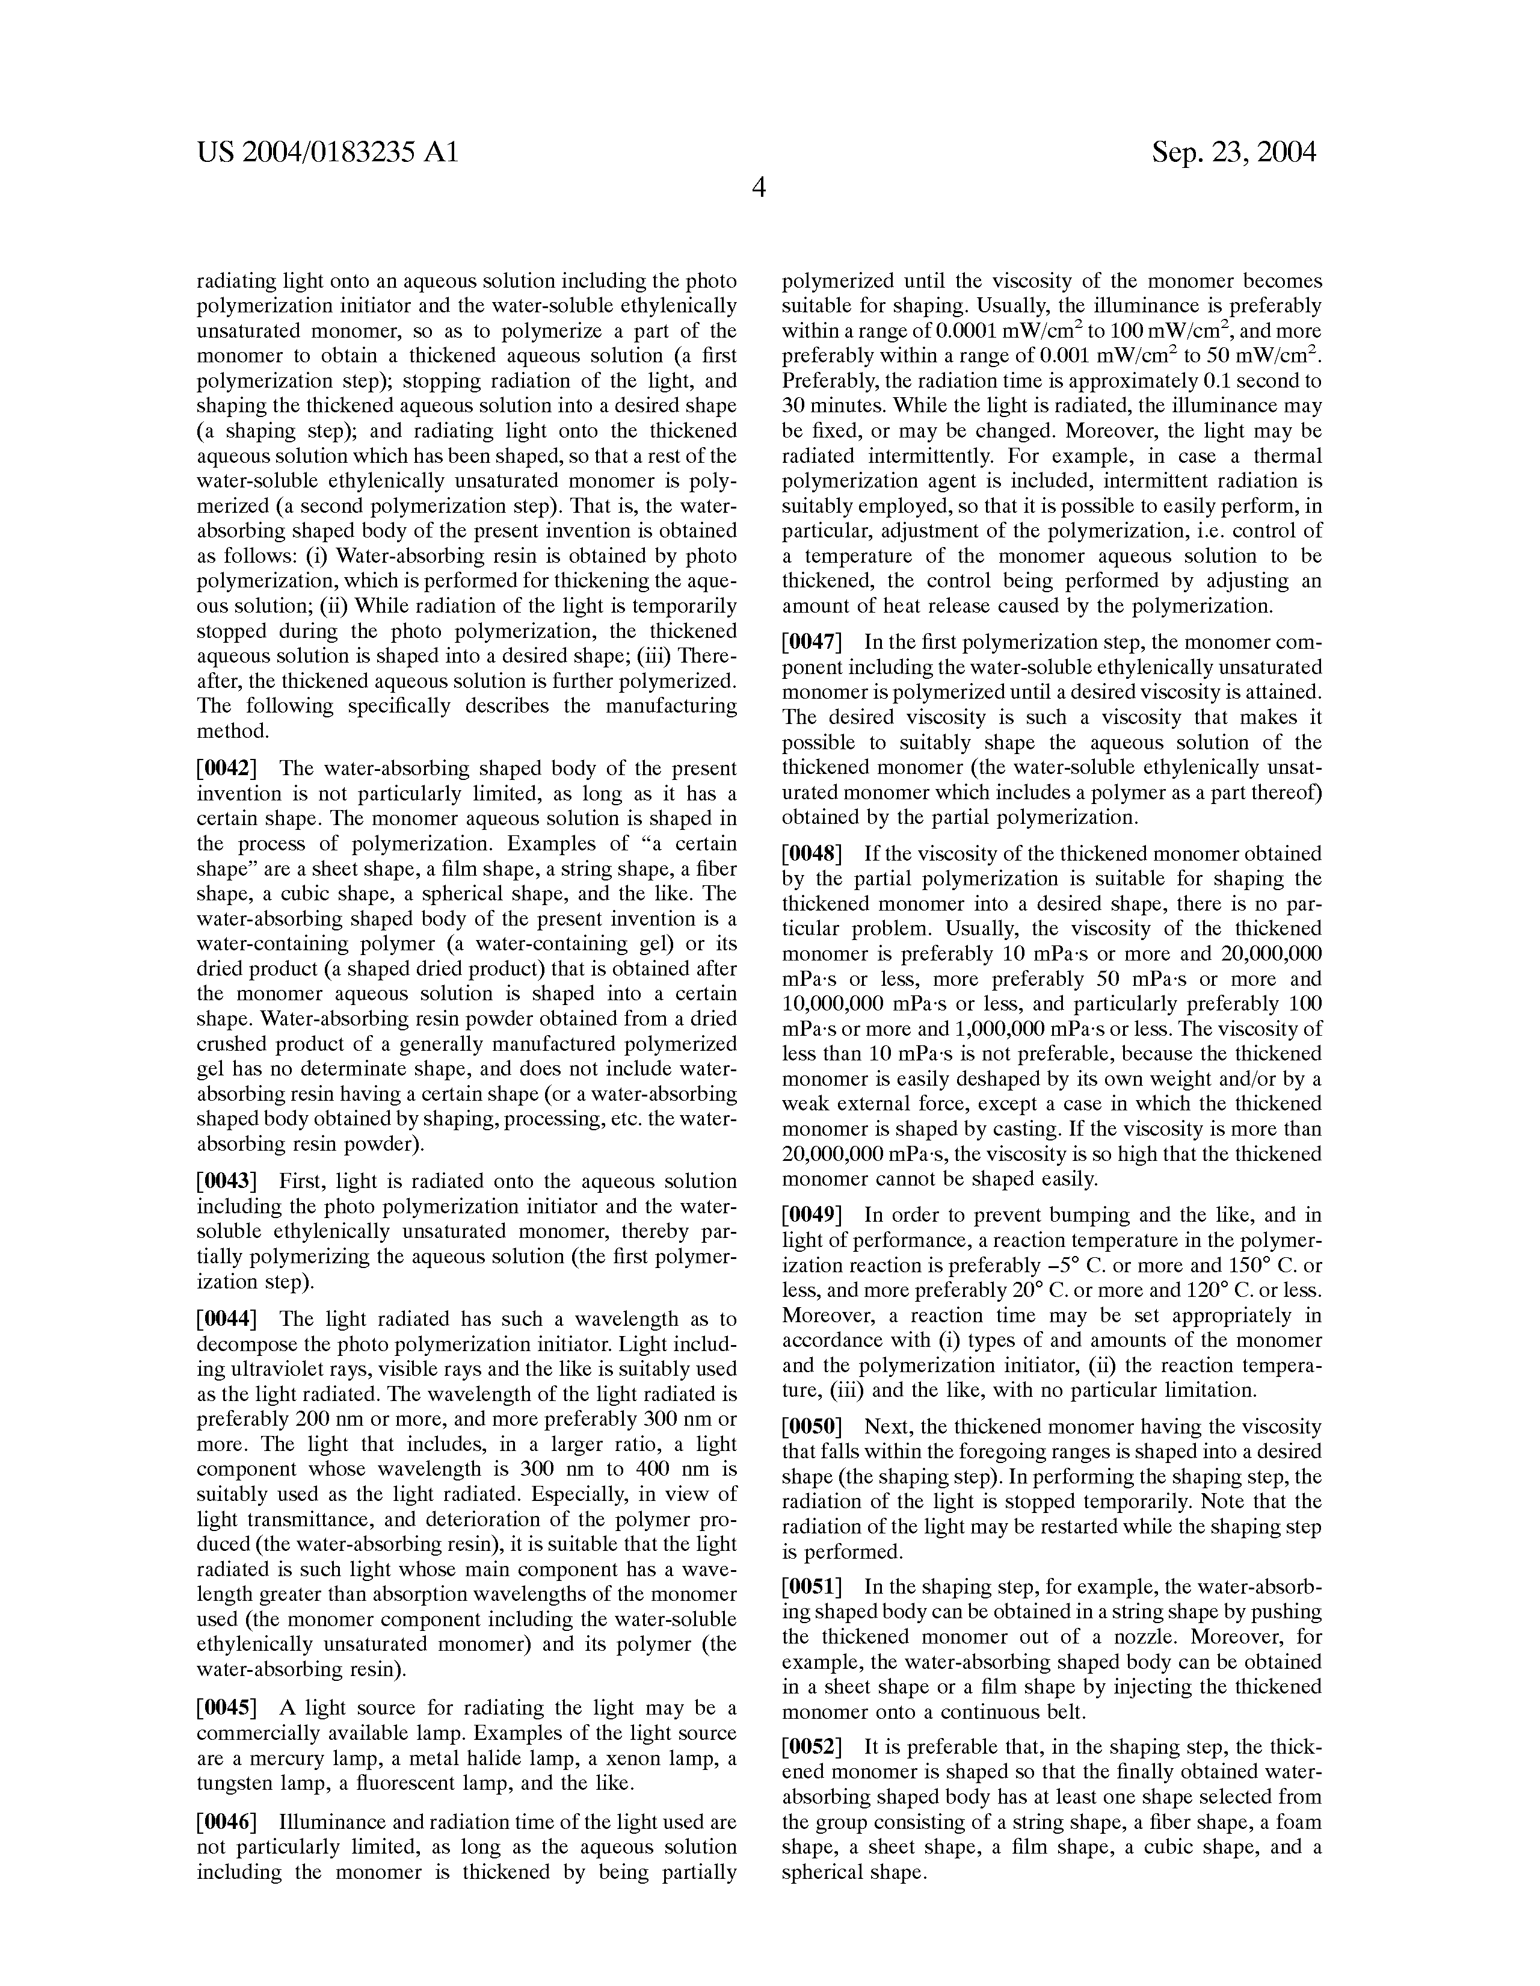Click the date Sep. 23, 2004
point(1234,152)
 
